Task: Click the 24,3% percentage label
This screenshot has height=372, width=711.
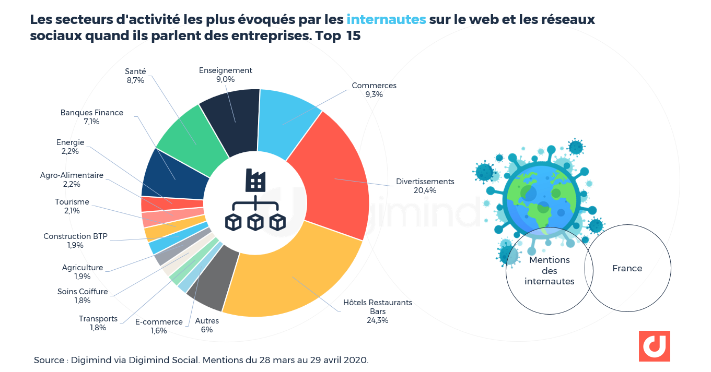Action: pyautogui.click(x=377, y=320)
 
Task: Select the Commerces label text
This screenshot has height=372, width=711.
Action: pyautogui.click(x=374, y=86)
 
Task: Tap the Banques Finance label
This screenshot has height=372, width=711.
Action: pyautogui.click(x=92, y=113)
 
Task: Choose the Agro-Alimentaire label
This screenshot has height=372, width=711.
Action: pyautogui.click(x=72, y=175)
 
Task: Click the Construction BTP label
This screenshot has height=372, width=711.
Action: pyautogui.click(x=75, y=236)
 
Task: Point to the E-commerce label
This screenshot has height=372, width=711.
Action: pyautogui.click(x=159, y=322)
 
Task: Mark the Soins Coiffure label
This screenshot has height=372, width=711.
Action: pyautogui.click(x=83, y=292)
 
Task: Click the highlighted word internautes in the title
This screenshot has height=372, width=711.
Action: pyautogui.click(x=386, y=20)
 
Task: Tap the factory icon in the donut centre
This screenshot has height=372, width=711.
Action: pyautogui.click(x=255, y=180)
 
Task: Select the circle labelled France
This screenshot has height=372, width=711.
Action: pyautogui.click(x=627, y=268)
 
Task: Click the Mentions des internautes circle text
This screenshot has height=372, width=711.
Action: pyautogui.click(x=550, y=270)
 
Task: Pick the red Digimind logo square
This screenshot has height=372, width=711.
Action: pyautogui.click(x=654, y=346)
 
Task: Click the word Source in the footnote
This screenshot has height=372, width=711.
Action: pyautogui.click(x=48, y=360)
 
